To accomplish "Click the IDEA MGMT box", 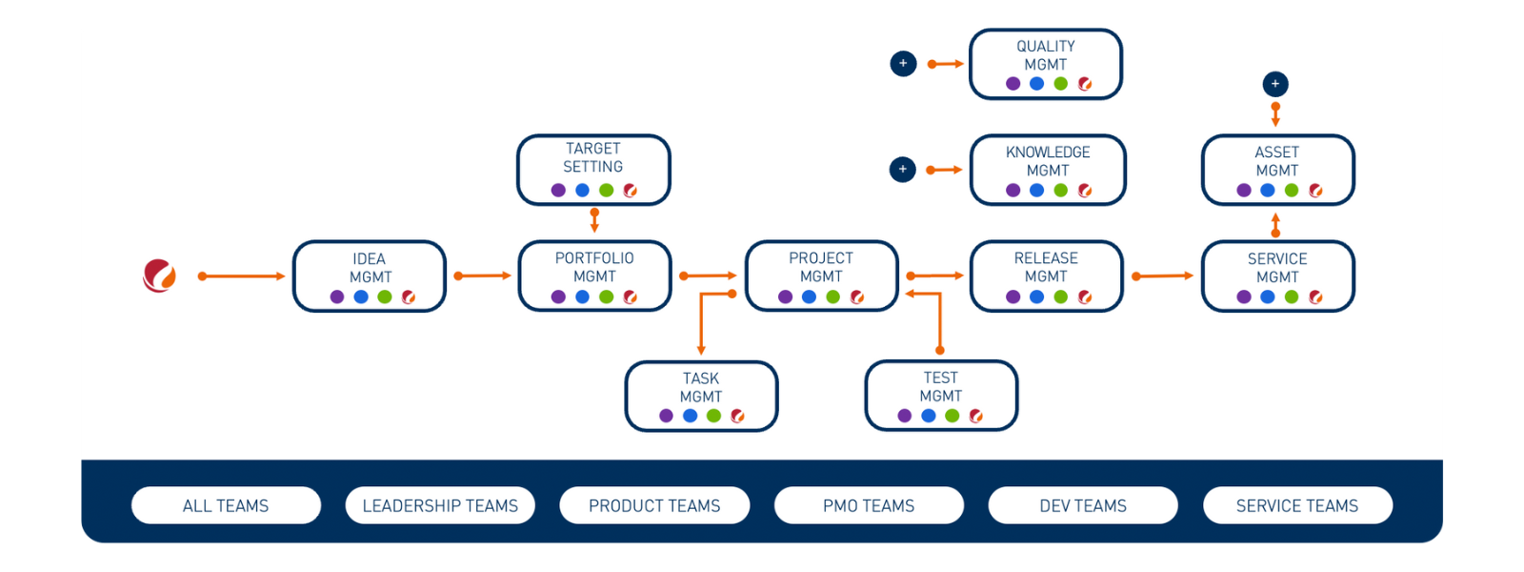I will [x=370, y=276].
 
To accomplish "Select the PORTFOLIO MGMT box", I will [x=594, y=276].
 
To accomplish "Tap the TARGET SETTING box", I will [x=593, y=169].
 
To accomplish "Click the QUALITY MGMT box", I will [x=1045, y=63].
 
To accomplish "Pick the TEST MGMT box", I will [x=940, y=395].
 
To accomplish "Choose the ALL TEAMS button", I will [x=226, y=505].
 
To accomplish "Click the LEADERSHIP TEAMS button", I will [x=440, y=505].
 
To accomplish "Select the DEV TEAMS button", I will [x=1083, y=505].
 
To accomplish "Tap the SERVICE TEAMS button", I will [x=1297, y=505].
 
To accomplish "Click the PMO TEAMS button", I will [x=869, y=505].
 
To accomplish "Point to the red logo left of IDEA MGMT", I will [x=159, y=276].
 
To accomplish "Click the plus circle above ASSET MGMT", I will [x=1275, y=84].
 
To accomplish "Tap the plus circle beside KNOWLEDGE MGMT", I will [x=903, y=170].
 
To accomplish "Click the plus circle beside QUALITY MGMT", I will [x=903, y=64].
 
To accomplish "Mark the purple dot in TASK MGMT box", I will [x=666, y=416].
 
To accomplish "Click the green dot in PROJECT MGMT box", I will [x=832, y=296].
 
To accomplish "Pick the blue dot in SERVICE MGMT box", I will [x=1267, y=296].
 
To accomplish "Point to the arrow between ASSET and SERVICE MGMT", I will [x=1275, y=225].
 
